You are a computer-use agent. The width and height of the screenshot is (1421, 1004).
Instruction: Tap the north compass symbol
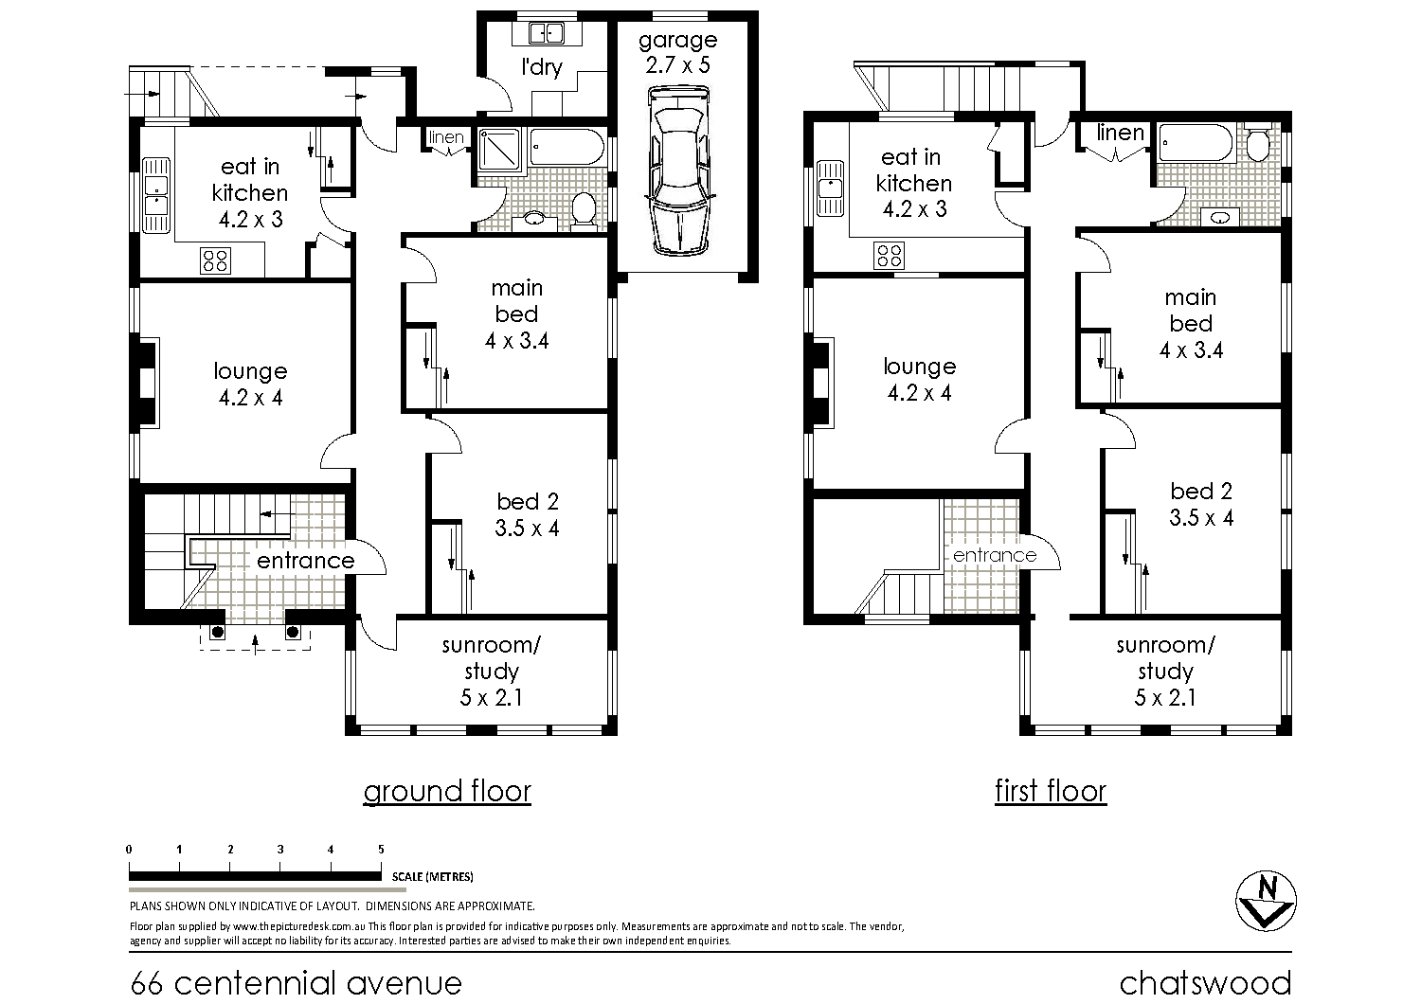(x=1266, y=901)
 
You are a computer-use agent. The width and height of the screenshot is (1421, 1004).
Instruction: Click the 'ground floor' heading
(x=447, y=792)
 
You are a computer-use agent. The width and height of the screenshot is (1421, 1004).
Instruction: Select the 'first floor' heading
(x=1051, y=791)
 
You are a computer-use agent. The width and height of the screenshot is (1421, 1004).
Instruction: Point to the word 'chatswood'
(x=1205, y=982)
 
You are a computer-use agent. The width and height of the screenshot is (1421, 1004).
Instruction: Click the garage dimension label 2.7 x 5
(x=677, y=64)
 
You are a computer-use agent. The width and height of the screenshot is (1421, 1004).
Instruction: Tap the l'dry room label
(x=542, y=67)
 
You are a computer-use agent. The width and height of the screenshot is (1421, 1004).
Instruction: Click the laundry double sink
(x=547, y=33)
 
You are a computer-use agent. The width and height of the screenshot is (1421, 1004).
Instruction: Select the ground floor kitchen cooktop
(x=216, y=260)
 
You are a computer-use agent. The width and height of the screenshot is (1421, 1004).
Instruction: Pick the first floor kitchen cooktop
(x=889, y=256)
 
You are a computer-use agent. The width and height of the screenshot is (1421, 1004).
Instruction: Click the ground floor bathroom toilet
(x=583, y=210)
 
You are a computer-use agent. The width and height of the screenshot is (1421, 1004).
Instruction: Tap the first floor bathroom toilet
(x=1258, y=143)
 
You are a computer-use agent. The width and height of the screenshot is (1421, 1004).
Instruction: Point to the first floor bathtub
(x=1196, y=142)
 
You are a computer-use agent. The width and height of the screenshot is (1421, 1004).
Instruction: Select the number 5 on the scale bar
(x=381, y=850)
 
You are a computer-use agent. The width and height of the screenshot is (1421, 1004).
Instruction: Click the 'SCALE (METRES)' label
(x=433, y=876)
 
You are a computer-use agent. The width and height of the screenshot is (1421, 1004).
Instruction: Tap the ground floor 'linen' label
(x=446, y=137)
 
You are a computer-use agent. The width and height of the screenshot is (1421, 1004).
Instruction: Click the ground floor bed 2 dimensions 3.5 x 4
(x=527, y=529)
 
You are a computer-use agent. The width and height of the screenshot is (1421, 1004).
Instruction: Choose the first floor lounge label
(x=919, y=367)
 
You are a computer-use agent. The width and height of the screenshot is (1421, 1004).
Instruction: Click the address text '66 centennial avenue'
(x=297, y=983)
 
